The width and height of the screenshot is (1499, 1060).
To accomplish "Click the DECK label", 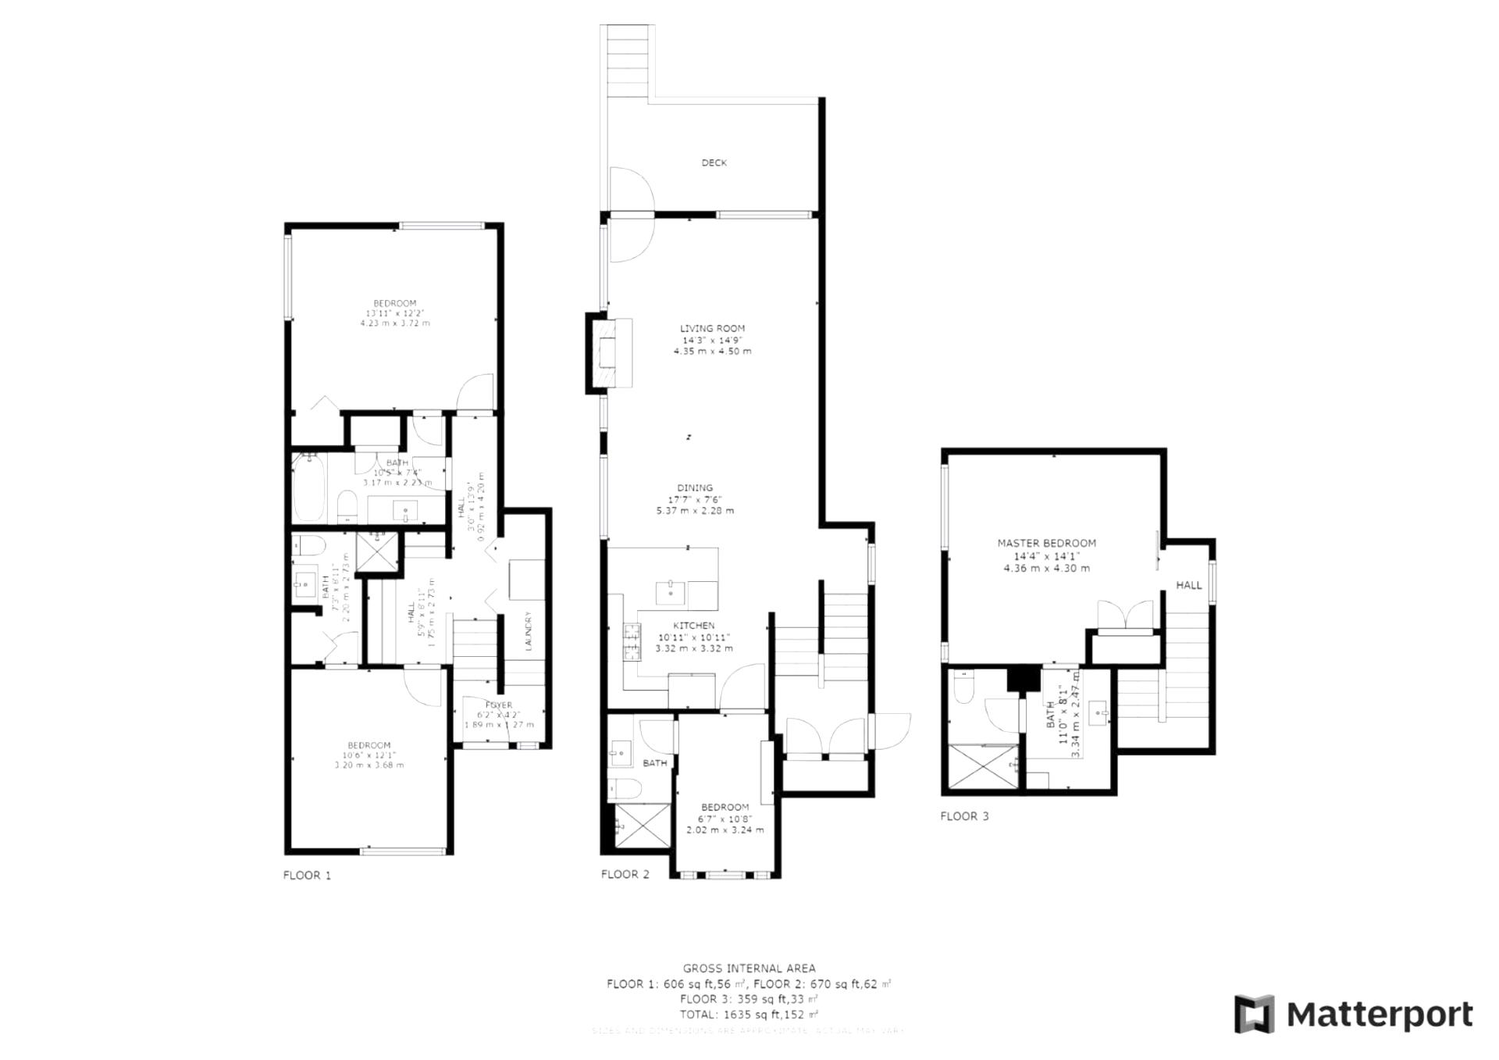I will click(x=714, y=162).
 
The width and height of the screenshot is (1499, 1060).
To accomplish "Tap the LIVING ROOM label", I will click(x=712, y=329).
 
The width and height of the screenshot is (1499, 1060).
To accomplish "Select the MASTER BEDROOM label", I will click(x=1046, y=543).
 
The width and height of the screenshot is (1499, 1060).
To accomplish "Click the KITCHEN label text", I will click(x=694, y=626).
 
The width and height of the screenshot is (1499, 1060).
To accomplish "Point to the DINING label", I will click(x=695, y=487).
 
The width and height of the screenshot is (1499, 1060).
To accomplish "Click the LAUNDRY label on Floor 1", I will click(x=529, y=630).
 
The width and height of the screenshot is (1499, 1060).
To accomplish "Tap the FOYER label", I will click(x=499, y=705).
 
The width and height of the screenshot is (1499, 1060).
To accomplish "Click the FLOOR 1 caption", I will click(x=307, y=876).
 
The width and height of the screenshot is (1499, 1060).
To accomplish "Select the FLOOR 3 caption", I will click(x=964, y=816).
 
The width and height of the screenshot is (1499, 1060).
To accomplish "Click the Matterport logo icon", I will click(x=1254, y=1014).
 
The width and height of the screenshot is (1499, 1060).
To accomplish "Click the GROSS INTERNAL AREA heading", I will click(x=749, y=969).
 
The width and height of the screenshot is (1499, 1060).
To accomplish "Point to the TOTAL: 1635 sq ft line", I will click(x=749, y=1015).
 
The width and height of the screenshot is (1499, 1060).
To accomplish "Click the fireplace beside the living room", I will click(x=608, y=353).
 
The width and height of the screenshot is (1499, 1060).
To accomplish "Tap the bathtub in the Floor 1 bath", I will click(x=308, y=490).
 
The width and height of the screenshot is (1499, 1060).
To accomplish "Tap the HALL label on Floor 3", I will click(x=1188, y=585).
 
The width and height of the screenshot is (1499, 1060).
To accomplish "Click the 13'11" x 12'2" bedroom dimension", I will click(x=394, y=313).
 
